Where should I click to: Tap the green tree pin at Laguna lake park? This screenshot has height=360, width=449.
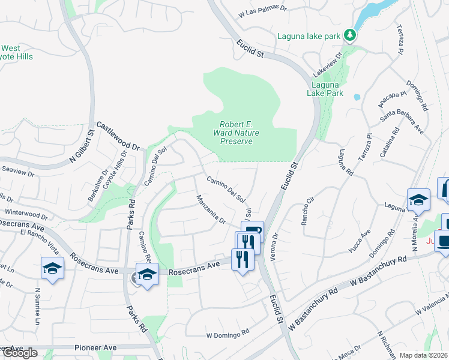pyautogui.click(x=350, y=35)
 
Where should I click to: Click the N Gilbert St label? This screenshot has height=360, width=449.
pyautogui.click(x=82, y=146)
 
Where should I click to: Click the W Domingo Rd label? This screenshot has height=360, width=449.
pyautogui.click(x=228, y=334)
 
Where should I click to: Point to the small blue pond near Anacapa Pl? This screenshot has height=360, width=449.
pyautogui.click(x=357, y=96)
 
